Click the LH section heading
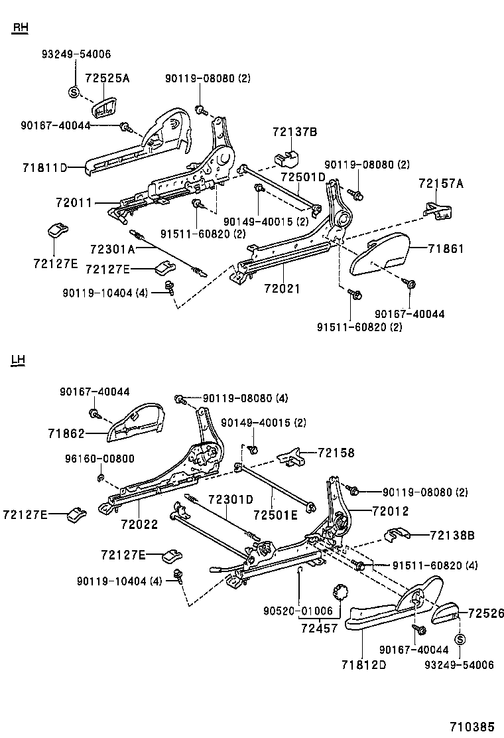pyautogui.click(x=18, y=360)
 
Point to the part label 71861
pyautogui.click(x=446, y=249)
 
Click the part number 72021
pyautogui.click(x=282, y=289)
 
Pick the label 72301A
pyautogui.click(x=112, y=249)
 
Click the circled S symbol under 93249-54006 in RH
pyautogui.click(x=74, y=91)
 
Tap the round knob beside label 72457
pyautogui.click(x=340, y=590)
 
